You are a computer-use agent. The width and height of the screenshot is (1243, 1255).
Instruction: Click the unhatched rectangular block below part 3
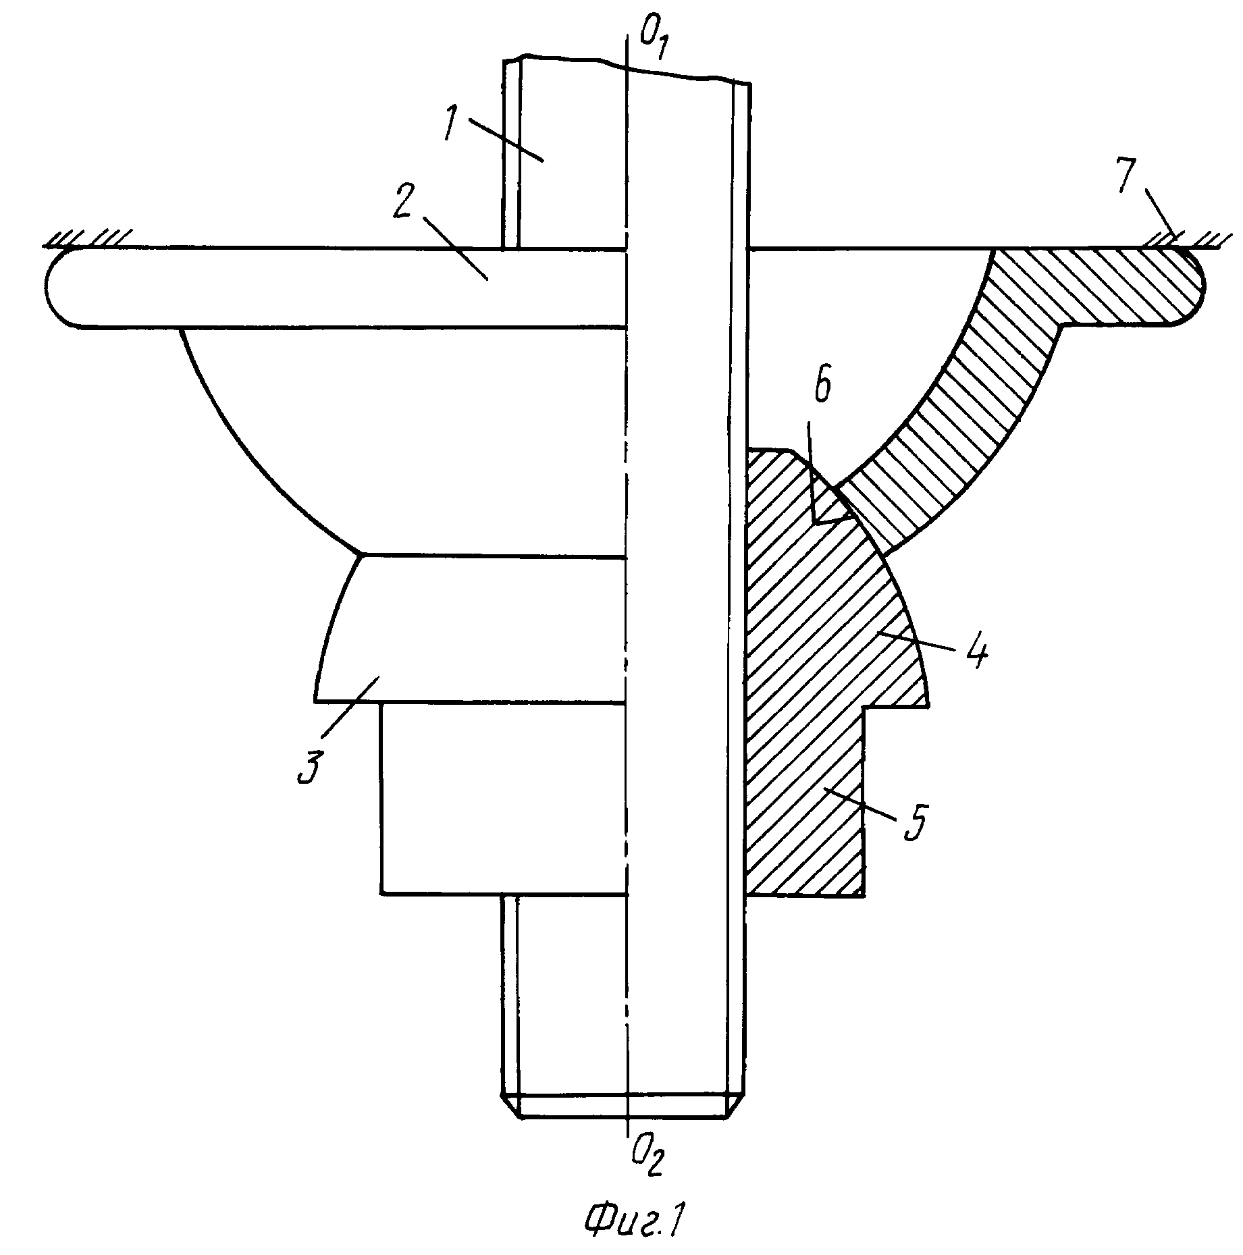pyautogui.click(x=504, y=799)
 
